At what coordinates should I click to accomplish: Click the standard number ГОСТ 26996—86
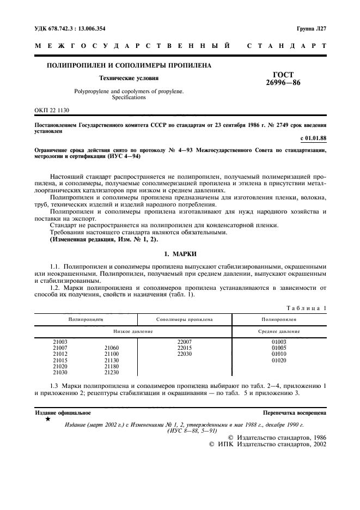[285, 80]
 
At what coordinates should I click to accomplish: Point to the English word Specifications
[129, 98]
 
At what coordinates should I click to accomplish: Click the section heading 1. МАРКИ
[180, 254]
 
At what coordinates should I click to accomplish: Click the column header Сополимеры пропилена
[184, 319]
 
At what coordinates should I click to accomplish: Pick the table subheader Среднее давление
[278, 331]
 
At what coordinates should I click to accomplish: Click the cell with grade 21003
[60, 342]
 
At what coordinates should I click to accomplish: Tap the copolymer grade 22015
[185, 348]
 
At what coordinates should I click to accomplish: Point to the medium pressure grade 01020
[279, 360]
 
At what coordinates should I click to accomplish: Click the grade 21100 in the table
[111, 354]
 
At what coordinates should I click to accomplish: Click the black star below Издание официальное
[48, 420]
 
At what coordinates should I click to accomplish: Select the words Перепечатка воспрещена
[295, 413]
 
